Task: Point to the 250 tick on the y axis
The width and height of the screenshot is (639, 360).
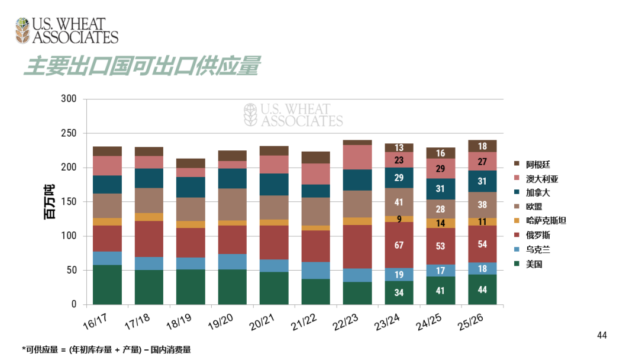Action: tap(69, 133)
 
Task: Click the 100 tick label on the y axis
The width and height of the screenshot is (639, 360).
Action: tap(69, 236)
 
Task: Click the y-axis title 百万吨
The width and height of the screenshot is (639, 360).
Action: tap(50, 202)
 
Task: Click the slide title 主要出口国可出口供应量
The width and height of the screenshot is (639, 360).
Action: tap(142, 66)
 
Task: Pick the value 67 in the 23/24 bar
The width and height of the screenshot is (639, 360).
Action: tap(399, 245)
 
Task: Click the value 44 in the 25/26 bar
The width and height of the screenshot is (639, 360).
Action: tap(482, 290)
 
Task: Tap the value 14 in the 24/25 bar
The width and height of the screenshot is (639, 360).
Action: tap(441, 223)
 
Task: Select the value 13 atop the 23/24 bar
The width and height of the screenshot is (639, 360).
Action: tap(399, 148)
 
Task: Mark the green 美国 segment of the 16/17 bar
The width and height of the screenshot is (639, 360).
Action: tap(107, 285)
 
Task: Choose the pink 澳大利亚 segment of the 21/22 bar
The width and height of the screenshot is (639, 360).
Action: tap(316, 173)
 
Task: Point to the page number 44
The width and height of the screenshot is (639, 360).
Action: tap(602, 336)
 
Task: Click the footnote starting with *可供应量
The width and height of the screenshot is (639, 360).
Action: tap(106, 350)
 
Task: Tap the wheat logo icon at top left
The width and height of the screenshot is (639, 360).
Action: tap(22, 31)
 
